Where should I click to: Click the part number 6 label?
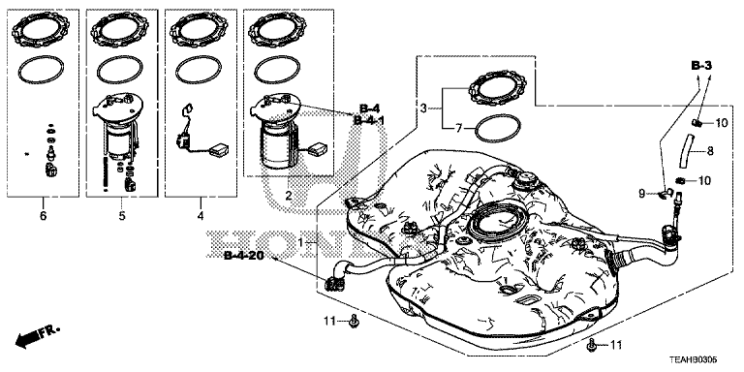tap(44, 216)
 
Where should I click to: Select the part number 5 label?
tap(122, 216)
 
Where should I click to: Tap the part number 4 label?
tap(201, 216)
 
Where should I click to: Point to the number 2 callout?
tap(288, 195)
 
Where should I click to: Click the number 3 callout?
tap(423, 108)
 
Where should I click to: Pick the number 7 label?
tap(458, 129)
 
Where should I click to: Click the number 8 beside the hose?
tap(710, 151)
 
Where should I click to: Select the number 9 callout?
tap(642, 193)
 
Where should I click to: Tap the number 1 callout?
tap(300, 243)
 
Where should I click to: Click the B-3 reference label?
tap(701, 66)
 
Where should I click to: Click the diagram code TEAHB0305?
tap(699, 361)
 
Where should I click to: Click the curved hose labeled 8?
tap(685, 150)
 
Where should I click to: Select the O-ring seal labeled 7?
tap(498, 128)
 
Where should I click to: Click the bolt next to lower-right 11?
tap(592, 346)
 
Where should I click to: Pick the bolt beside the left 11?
tap(353, 322)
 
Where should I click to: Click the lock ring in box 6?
tap(41, 30)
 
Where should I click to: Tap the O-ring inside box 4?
tap(198, 70)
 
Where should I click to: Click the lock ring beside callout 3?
tap(497, 88)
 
